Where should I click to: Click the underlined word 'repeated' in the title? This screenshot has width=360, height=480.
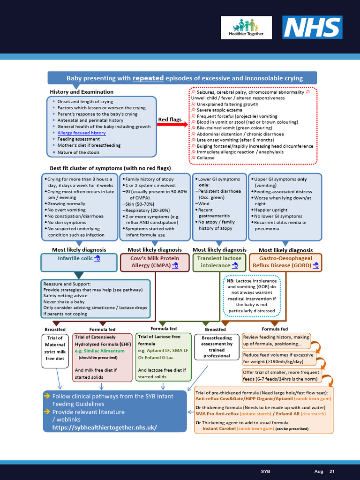point(148,78)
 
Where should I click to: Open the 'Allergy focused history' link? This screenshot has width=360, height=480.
point(82,133)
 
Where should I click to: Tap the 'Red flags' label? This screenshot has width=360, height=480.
point(170,120)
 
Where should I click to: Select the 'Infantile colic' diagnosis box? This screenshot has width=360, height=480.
point(79,262)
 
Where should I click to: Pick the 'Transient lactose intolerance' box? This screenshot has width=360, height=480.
point(219,262)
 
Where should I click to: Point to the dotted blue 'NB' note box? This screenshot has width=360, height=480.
point(251,296)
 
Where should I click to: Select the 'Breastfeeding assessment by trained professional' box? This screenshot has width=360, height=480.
point(217,347)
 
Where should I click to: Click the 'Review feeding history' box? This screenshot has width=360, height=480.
point(277,340)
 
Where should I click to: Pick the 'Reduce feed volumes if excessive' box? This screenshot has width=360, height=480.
point(278,358)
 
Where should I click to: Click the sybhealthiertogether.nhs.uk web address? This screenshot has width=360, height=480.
point(105,427)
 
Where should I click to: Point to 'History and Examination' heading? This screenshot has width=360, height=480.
point(82,92)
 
